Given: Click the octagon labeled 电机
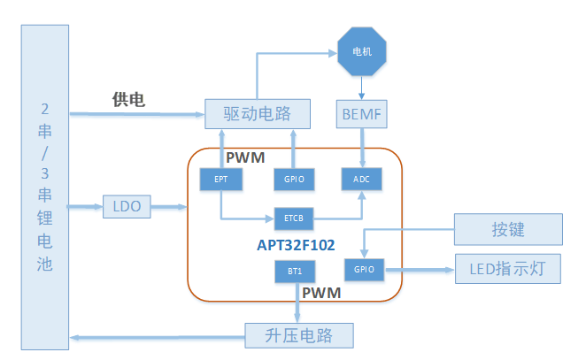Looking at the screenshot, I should pos(362,51).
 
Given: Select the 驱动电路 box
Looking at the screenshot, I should pos(258,114).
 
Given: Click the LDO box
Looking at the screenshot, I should pos(127,207).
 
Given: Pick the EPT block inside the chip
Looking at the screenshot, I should pos(220,179).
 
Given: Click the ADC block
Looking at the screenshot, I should pos(362,179).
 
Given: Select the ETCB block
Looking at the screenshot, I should pos(295,217).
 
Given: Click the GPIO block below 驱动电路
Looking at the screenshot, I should pos(294,179).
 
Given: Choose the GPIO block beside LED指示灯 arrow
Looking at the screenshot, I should pos(365,270).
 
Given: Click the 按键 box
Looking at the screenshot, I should pos(508,229).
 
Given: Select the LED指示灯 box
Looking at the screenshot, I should pos(508,269).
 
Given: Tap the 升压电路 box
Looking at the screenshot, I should pos(298,336).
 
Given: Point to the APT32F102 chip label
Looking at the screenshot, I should pos(295,245).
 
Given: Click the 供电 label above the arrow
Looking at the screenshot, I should pos(128,99).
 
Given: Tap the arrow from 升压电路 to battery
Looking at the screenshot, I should pos(159,337).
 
